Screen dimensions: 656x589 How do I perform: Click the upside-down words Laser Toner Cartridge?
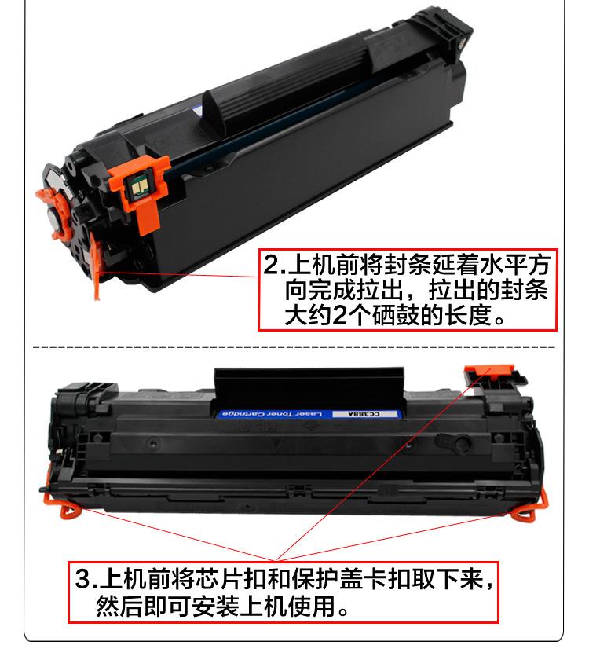pyautogui.click(x=275, y=412)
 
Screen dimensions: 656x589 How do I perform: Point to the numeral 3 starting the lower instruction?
pyautogui.click(x=82, y=582)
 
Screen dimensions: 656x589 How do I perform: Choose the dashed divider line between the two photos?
pyautogui.click(x=294, y=346)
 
